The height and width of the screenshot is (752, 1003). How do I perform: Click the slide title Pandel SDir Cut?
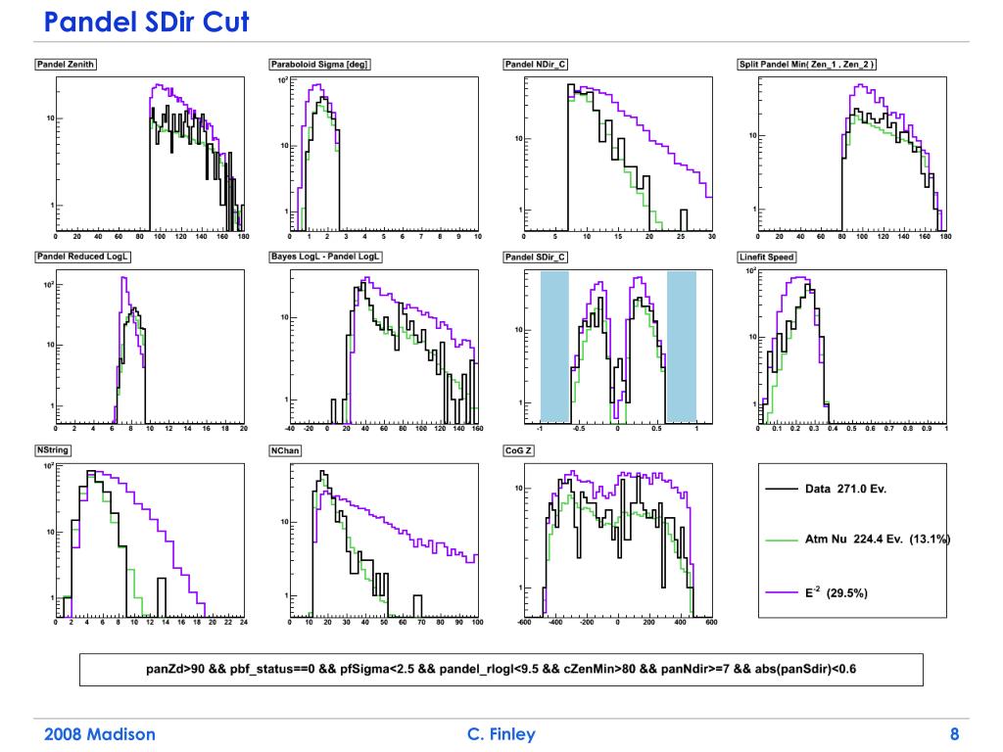point(147,21)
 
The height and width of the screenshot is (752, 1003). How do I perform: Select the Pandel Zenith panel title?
point(67,65)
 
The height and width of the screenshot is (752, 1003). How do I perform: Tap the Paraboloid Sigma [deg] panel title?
point(319,65)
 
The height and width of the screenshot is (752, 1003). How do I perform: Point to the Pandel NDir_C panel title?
point(536,65)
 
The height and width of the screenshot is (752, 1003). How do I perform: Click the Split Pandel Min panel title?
point(807,65)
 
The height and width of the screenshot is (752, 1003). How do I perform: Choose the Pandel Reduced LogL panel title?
point(84,257)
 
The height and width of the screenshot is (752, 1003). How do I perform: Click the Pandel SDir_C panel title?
point(536,257)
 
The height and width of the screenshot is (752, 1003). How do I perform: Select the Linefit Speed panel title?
point(767,258)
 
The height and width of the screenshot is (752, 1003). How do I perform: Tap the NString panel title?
point(53,450)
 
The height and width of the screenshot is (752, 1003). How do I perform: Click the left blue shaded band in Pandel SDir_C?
point(554,345)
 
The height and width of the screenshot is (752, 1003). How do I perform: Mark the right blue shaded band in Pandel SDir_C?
point(681,345)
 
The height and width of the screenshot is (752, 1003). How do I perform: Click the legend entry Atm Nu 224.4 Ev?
point(858,540)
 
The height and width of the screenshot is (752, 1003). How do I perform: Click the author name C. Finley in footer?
point(502,734)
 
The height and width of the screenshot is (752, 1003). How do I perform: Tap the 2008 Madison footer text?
point(100,734)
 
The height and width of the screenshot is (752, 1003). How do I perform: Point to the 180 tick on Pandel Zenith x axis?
point(243,236)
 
